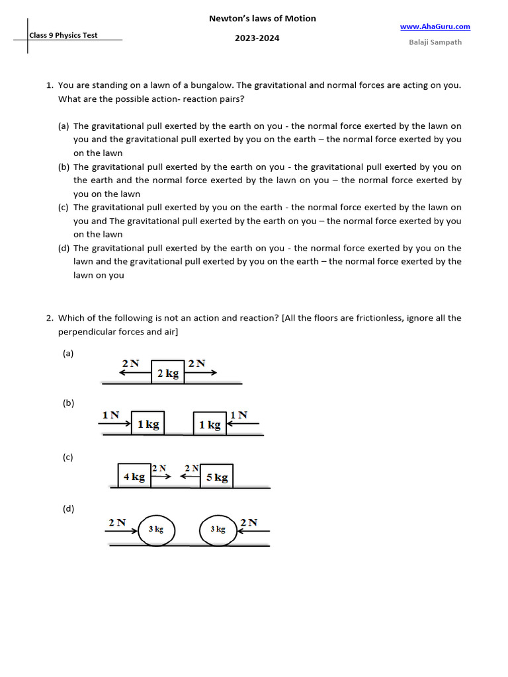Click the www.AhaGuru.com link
[x=435, y=26]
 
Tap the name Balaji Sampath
[x=435, y=42]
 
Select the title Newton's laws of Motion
[x=263, y=19]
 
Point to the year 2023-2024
[x=257, y=38]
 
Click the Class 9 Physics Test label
[x=63, y=35]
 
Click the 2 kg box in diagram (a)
[x=168, y=373]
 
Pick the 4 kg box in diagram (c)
[x=134, y=476]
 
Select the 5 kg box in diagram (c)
[x=216, y=476]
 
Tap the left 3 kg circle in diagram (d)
[x=156, y=530]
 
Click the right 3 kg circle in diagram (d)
[x=218, y=530]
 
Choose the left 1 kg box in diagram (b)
[x=148, y=424]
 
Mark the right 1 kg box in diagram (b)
[x=210, y=424]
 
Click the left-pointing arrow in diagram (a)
[x=135, y=373]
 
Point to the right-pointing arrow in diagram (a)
[x=200, y=373]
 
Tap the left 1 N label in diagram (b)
[x=110, y=415]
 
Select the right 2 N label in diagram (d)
[x=249, y=522]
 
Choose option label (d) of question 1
[x=64, y=248]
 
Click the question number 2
[x=50, y=318]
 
